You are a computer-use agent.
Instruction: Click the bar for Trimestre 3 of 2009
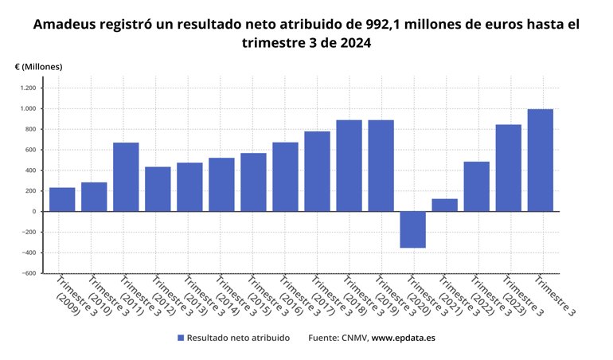click(62, 199)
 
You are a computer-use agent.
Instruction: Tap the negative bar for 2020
click(412, 229)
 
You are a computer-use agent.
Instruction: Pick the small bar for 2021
click(444, 205)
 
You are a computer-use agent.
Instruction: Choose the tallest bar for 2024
click(540, 160)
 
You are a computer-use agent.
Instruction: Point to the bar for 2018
click(349, 166)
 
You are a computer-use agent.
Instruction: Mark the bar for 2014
click(221, 184)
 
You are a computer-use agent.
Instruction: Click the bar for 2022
click(476, 186)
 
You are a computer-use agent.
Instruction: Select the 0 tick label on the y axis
click(33, 212)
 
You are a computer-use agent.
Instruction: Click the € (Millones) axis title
click(38, 67)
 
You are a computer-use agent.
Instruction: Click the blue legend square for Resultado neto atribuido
click(180, 338)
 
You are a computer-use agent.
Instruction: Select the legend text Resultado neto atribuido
click(239, 338)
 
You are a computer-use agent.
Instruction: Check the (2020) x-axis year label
click(418, 305)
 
